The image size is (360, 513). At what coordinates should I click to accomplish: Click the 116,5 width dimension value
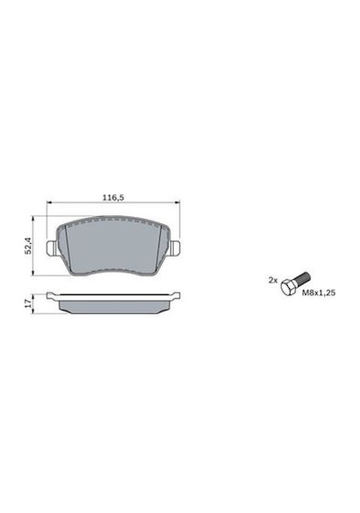[x=113, y=198]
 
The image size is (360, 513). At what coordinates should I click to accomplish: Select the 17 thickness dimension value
[x=29, y=303]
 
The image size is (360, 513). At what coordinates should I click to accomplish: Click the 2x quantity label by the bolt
[x=273, y=281]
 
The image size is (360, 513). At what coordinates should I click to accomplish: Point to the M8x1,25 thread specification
[x=319, y=292]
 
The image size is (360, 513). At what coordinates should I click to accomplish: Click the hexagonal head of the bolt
[x=289, y=288]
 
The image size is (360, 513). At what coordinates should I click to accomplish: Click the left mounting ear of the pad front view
[x=51, y=248]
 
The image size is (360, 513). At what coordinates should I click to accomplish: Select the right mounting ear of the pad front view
[x=175, y=248]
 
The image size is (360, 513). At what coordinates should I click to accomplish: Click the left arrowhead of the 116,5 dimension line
[x=49, y=202]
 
